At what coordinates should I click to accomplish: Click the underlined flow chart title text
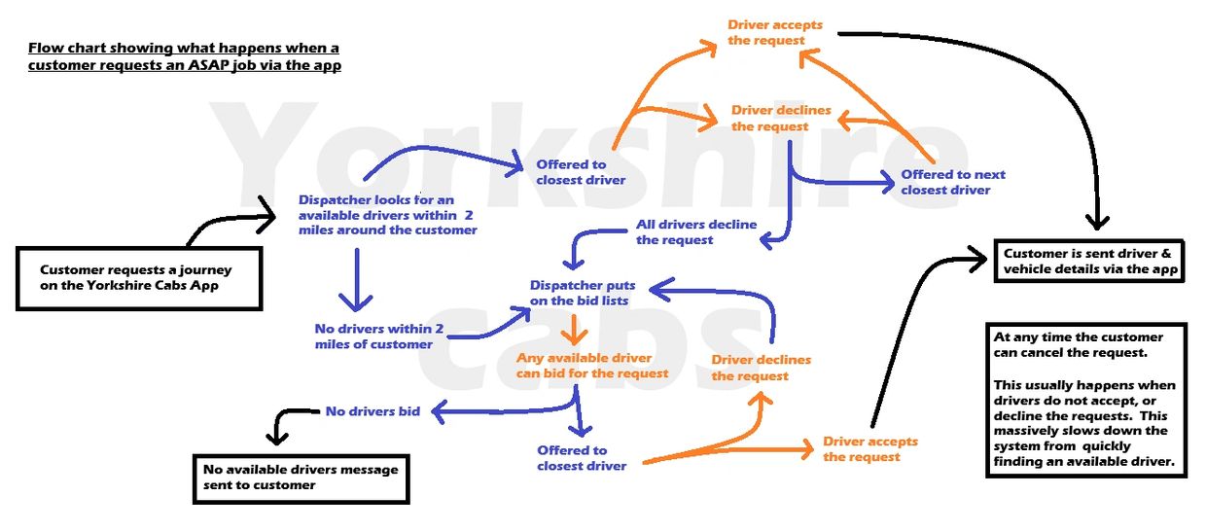click(184, 56)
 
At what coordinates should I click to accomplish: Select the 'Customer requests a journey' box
click(138, 277)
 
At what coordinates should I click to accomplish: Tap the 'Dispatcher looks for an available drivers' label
click(387, 214)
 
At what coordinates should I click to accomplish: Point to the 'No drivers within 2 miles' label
click(378, 336)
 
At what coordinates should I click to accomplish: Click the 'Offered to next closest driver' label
click(952, 182)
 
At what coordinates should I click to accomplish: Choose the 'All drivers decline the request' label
click(695, 231)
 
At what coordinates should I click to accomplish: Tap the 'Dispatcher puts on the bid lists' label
click(582, 293)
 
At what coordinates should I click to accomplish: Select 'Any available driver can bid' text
click(591, 366)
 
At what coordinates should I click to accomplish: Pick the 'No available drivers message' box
click(301, 478)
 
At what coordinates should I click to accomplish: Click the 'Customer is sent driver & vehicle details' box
click(1088, 261)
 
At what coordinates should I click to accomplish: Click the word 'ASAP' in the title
click(237, 66)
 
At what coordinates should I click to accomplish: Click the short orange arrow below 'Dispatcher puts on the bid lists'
click(576, 330)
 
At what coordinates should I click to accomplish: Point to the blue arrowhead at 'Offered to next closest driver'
click(885, 180)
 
